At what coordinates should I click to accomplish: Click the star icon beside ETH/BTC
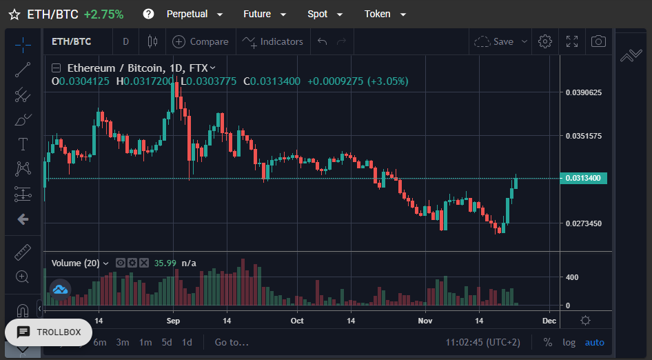(x=14, y=14)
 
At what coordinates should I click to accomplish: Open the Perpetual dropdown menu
(x=194, y=14)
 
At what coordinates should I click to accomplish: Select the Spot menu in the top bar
(x=325, y=14)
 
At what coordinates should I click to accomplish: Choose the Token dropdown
(x=385, y=14)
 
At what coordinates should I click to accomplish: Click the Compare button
(x=201, y=41)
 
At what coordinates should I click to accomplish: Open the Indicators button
(x=273, y=41)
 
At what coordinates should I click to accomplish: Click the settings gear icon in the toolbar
(x=544, y=41)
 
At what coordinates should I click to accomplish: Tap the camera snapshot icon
(x=598, y=41)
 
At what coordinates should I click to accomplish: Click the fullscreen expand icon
(x=572, y=41)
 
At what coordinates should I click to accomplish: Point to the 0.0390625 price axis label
(x=583, y=92)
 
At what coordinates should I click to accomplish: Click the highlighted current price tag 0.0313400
(x=583, y=178)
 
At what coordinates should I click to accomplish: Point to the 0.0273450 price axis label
(x=583, y=223)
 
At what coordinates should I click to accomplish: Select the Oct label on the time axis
(x=297, y=321)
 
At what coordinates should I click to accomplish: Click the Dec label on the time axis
(x=549, y=321)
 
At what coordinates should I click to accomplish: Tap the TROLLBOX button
(x=49, y=332)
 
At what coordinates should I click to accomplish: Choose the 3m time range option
(x=122, y=343)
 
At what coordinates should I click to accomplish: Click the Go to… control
(x=232, y=343)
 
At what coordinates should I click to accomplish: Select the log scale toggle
(x=569, y=343)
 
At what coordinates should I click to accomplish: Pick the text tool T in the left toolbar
(x=23, y=144)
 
